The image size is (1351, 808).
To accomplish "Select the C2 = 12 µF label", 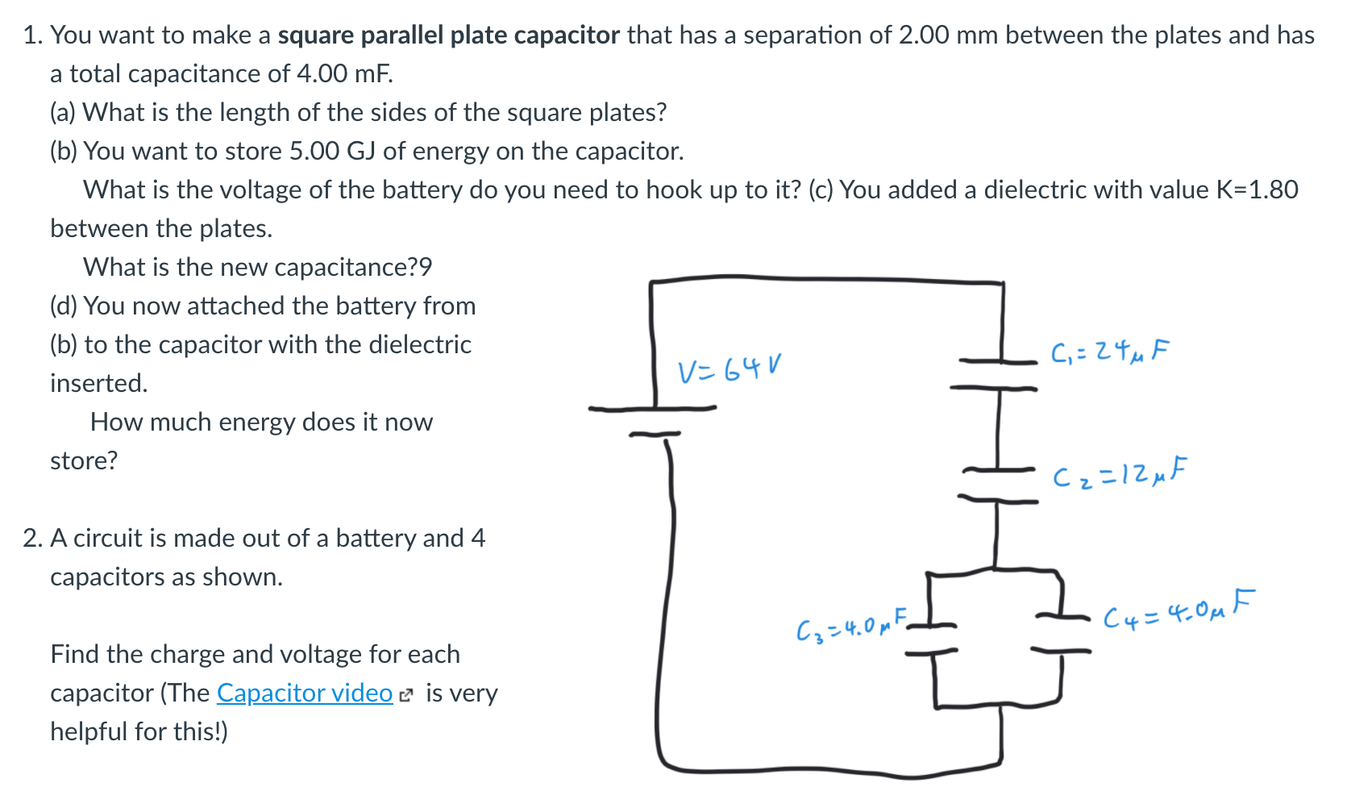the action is point(1120,473).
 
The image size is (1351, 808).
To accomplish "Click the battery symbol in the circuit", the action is point(653,421).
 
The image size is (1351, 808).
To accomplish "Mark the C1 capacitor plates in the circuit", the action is point(995,375).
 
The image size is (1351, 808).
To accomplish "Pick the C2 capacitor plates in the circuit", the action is point(998,485).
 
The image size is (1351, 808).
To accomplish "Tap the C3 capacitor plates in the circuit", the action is point(931,639).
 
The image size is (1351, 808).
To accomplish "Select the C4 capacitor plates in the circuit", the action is point(1062,634).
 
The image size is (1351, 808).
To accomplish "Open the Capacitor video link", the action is point(305,693).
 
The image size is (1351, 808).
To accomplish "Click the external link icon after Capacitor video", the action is point(406,696).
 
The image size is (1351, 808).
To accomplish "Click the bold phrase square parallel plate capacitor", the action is point(449,35).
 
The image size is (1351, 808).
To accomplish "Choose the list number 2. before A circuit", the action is point(32,539).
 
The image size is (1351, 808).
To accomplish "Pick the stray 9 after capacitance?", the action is point(426,268).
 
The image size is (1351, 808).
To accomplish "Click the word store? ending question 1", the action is point(84,461).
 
